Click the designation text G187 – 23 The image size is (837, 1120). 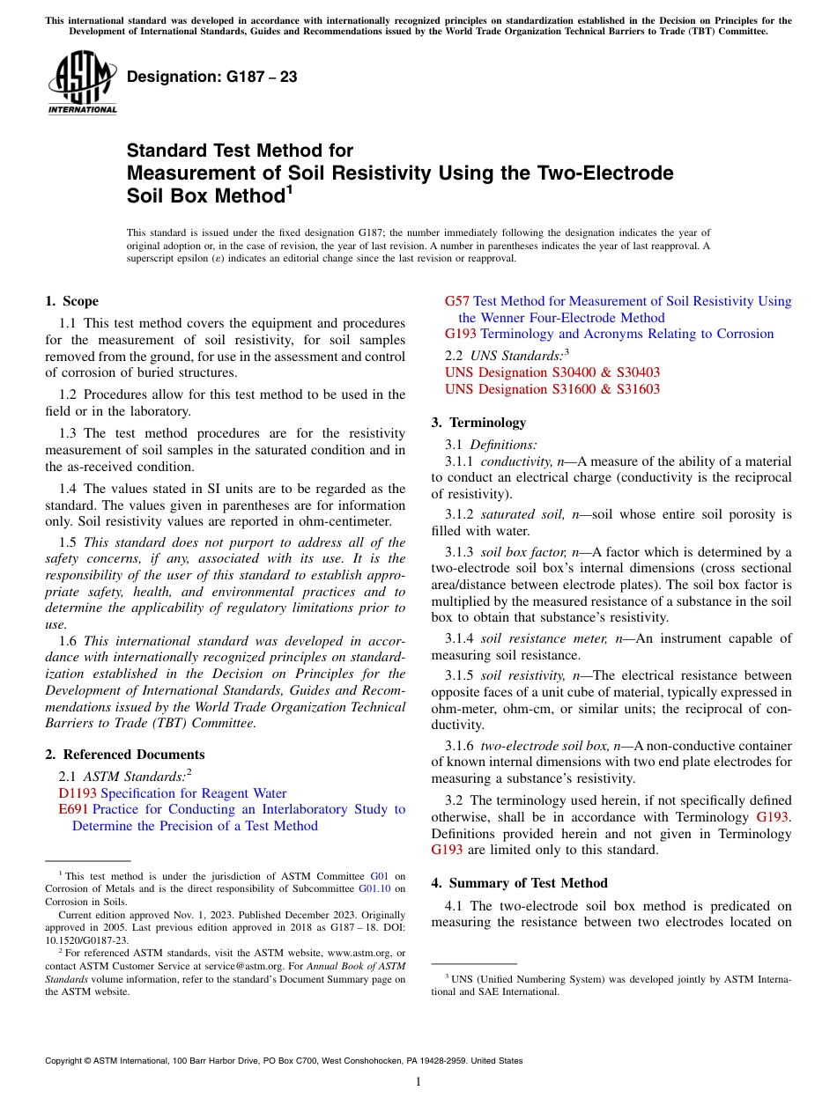coord(211,77)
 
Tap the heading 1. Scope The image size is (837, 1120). coord(71,301)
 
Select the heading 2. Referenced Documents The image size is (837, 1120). coord(125,755)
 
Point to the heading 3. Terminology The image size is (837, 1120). coord(478,423)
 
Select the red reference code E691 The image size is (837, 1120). coord(73,809)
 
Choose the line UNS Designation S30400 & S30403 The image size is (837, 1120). coord(552,372)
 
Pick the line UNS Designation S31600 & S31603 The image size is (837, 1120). coord(552,389)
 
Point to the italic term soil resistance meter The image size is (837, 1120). coord(538,638)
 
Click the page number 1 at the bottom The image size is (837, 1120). coord(418,1081)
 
